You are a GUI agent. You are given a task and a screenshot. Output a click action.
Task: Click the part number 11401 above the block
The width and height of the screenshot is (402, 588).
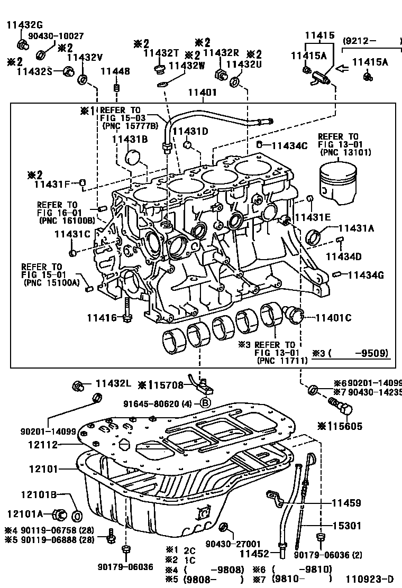203,92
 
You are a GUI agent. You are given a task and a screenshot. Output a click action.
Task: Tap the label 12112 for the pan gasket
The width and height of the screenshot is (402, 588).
43,445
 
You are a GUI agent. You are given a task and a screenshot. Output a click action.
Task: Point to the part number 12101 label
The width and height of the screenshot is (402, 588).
43,468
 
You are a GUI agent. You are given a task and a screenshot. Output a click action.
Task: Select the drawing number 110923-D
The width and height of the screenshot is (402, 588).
370,579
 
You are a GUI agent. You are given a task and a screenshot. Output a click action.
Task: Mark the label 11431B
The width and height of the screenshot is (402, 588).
130,139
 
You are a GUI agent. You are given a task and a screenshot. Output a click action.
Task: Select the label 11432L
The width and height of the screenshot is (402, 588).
113,384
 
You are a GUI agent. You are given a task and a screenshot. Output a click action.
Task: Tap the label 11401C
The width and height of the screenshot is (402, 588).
333,318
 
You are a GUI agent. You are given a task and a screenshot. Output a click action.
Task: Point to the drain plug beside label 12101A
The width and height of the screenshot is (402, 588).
60,514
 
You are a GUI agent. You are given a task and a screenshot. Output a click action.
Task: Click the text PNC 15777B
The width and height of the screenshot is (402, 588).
130,126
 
